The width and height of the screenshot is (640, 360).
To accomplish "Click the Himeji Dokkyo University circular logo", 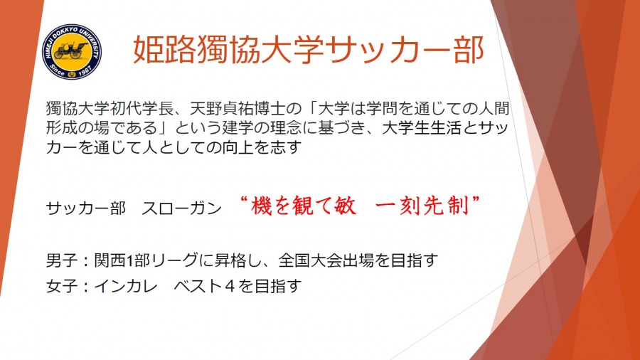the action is [72, 51].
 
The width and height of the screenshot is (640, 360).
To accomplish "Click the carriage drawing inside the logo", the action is [71, 50].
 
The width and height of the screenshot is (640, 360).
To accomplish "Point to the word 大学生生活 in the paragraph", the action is [422, 128].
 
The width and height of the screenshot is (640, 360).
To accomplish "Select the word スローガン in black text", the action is [181, 208].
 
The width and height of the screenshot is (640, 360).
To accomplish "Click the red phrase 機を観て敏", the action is [304, 206].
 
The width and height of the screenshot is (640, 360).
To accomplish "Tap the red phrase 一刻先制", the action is [422, 206].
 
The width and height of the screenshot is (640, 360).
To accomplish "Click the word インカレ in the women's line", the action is [126, 286].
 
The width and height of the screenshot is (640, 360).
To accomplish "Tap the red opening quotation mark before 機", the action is [244, 200].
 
